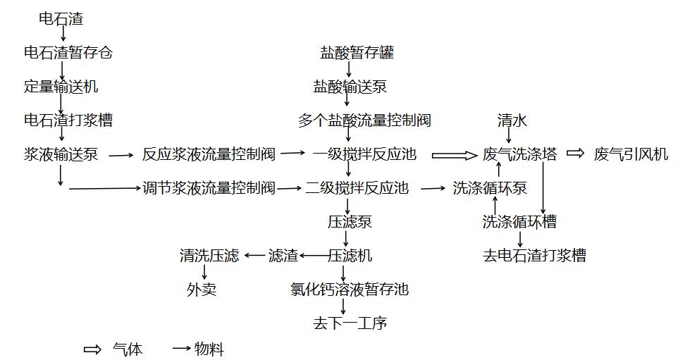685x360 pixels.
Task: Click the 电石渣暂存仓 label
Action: (68, 53)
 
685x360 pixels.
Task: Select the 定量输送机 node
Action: (61, 87)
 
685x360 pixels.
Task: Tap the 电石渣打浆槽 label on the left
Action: (68, 120)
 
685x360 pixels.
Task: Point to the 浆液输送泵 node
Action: (61, 154)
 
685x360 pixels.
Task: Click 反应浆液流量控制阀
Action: (209, 154)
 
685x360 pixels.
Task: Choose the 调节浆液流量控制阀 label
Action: (209, 188)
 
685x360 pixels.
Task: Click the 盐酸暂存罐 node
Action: (357, 53)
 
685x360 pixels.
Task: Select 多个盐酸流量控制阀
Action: (364, 120)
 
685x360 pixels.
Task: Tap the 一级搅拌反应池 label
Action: (364, 154)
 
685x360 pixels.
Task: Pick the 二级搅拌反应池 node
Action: (357, 188)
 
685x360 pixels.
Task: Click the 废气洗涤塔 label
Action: (519, 154)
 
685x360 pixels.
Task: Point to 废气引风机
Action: (631, 154)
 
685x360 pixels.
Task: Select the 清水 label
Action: (512, 120)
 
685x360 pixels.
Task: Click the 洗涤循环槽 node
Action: (519, 222)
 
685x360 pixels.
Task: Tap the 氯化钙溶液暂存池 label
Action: (350, 290)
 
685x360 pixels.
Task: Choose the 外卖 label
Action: (202, 290)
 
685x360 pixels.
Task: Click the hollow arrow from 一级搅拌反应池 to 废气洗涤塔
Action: (454, 155)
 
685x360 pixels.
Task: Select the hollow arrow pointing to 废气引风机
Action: (576, 154)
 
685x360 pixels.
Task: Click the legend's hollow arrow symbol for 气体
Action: (92, 349)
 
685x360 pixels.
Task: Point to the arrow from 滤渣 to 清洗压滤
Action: (254, 256)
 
